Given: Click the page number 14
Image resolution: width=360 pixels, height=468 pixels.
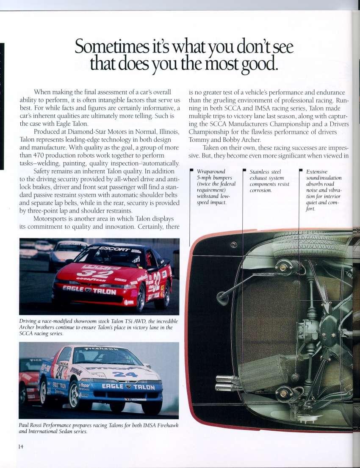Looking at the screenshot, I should coord(21,446).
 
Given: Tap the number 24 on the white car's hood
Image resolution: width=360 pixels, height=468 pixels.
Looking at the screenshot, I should coord(125,374).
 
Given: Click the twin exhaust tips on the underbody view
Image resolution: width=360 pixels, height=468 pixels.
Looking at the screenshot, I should coord(227,383).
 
